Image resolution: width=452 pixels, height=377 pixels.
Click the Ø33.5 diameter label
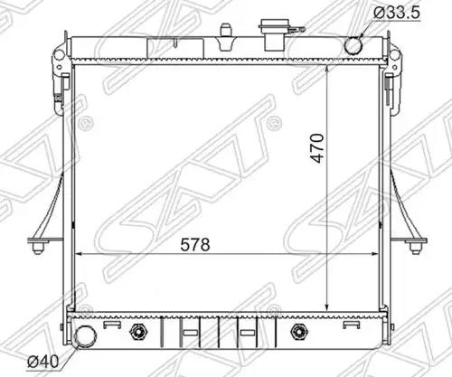[x=396, y=13]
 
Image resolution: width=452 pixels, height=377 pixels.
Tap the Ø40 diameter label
[x=42, y=361]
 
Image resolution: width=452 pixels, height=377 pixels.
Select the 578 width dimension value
[x=195, y=244]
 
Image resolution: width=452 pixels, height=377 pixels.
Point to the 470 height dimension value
[x=317, y=147]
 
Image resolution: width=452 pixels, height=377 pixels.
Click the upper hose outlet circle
[x=353, y=45]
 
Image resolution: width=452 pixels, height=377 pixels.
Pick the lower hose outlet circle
[x=86, y=336]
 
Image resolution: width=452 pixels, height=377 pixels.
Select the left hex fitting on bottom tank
[x=138, y=332]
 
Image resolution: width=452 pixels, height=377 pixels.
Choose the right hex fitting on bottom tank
[x=299, y=332]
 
